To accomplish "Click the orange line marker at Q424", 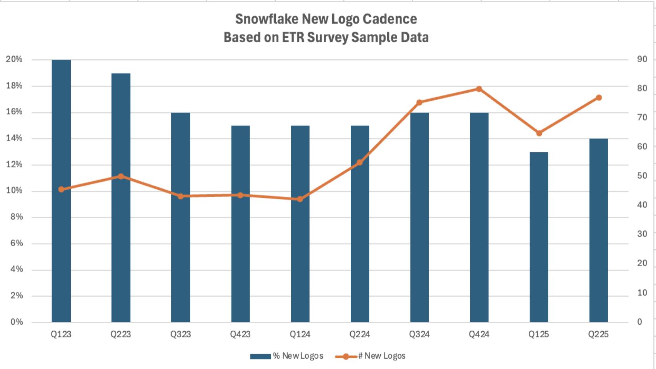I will pyautogui.click(x=479, y=89).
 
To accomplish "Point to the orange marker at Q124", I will pyautogui.click(x=300, y=199).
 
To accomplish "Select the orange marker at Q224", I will pyautogui.click(x=360, y=163).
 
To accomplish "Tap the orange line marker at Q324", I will pyautogui.click(x=419, y=102).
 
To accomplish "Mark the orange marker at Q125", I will pyautogui.click(x=539, y=133).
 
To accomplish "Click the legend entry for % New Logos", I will pyautogui.click(x=286, y=356).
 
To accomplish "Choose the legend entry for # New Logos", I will pyautogui.click(x=370, y=356).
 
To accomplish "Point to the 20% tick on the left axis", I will pyautogui.click(x=14, y=59).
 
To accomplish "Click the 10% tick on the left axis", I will pyautogui.click(x=14, y=191).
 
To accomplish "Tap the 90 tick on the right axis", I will pyautogui.click(x=642, y=59).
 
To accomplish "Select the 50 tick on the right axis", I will pyautogui.click(x=642, y=176).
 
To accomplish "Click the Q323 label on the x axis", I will pyautogui.click(x=180, y=334).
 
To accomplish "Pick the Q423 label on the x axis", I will pyautogui.click(x=240, y=334).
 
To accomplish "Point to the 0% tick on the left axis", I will pyautogui.click(x=16, y=322).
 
